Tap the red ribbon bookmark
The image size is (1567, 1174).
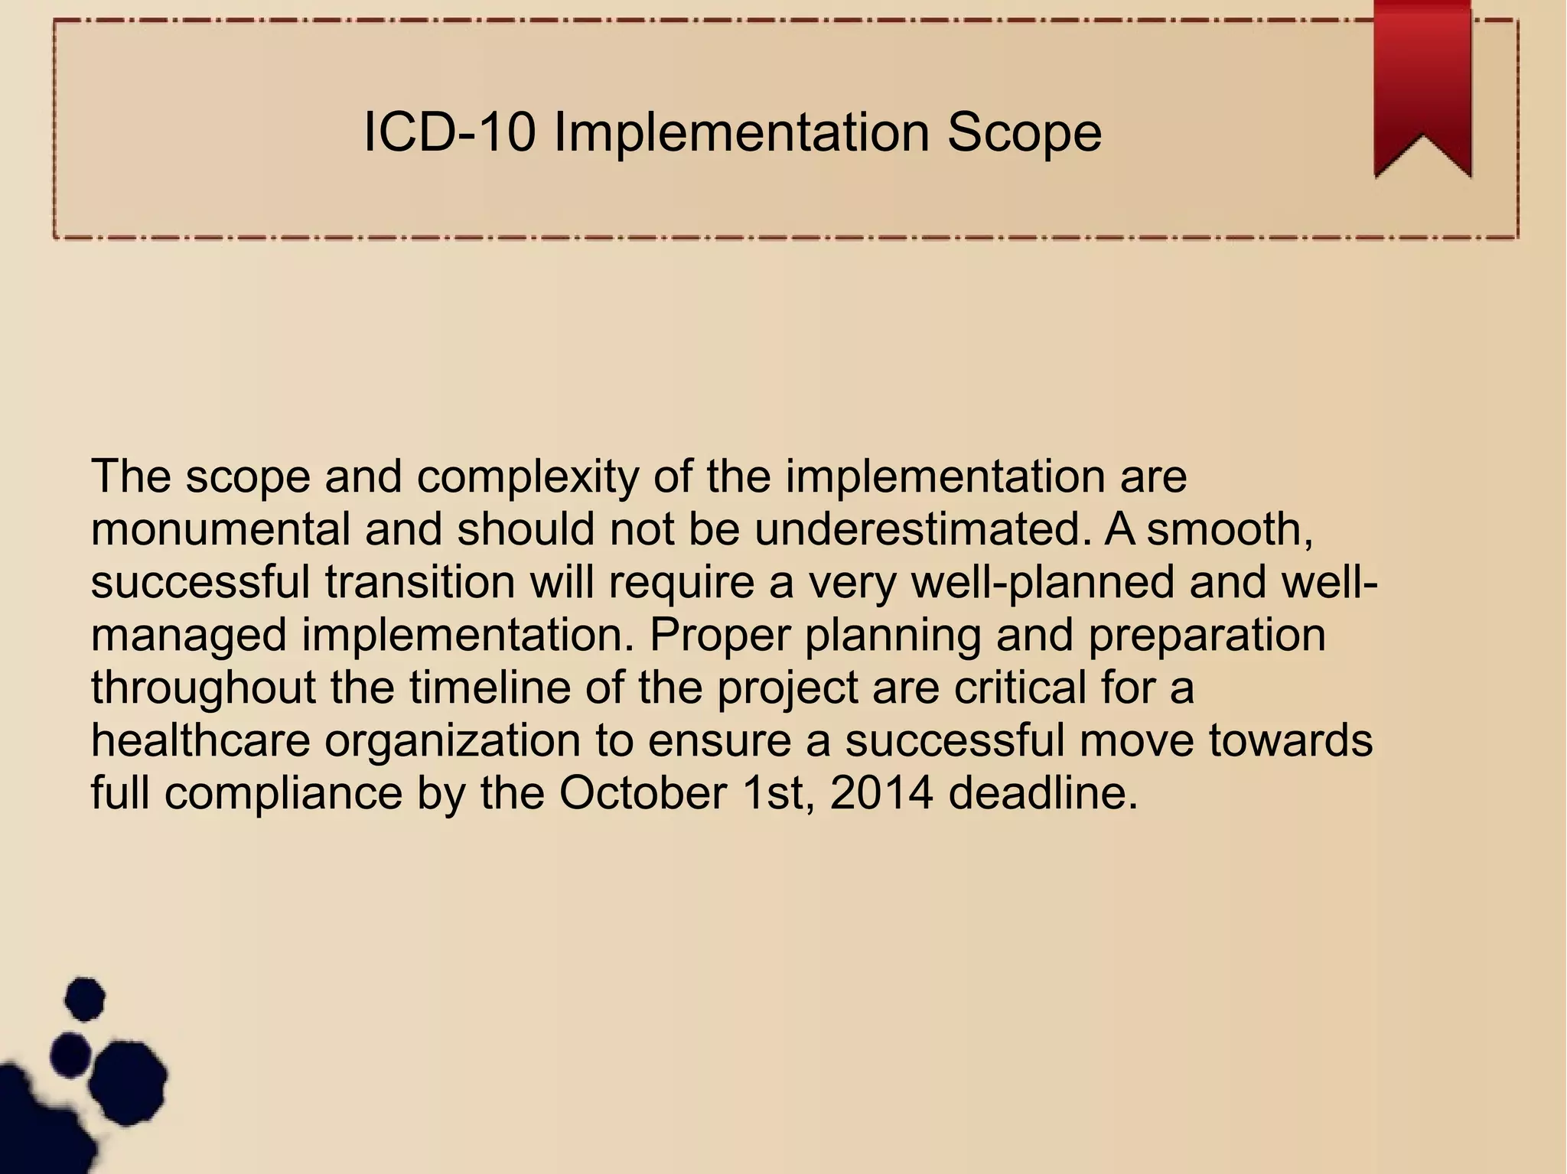pyautogui.click(x=1422, y=84)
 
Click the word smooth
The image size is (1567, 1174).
pyautogui.click(x=1230, y=529)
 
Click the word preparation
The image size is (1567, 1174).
pyautogui.click(x=1207, y=635)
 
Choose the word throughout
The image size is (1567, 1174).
pyautogui.click(x=203, y=688)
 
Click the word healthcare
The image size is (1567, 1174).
pyautogui.click(x=200, y=740)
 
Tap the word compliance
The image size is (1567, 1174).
pyautogui.click(x=283, y=793)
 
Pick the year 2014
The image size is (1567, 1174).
pyautogui.click(x=881, y=793)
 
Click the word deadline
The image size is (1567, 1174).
pyautogui.click(x=1043, y=793)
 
